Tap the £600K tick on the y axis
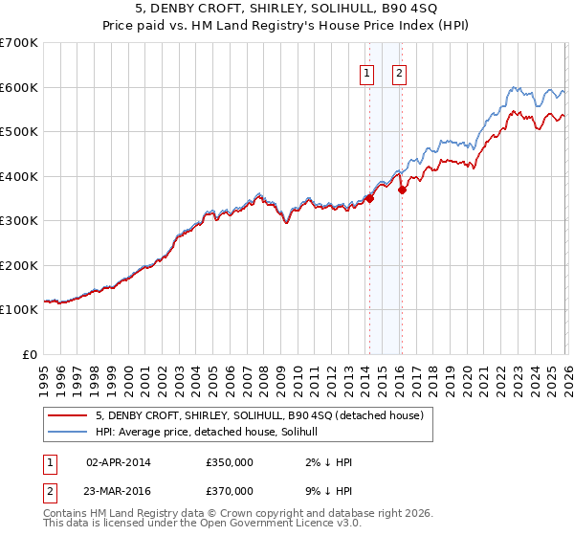[19, 87]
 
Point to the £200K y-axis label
[19, 265]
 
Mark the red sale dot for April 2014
[369, 199]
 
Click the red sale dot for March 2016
[403, 190]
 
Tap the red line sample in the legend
[69, 416]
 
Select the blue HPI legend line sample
[69, 433]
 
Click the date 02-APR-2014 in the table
[119, 462]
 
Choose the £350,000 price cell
[230, 462]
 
